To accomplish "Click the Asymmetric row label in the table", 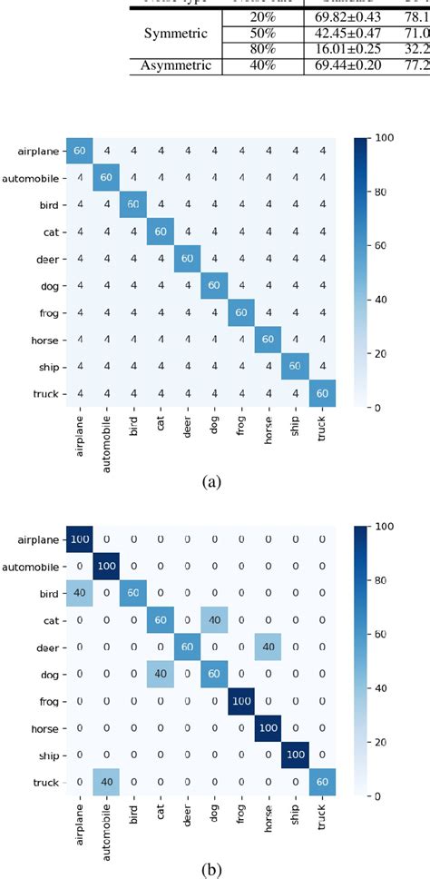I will (179, 64).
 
